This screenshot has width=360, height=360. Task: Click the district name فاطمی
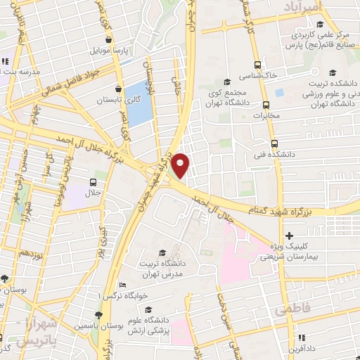click(292, 310)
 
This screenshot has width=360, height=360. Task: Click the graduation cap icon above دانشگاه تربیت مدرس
click(163, 252)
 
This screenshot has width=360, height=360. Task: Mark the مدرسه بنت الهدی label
click(17, 71)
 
